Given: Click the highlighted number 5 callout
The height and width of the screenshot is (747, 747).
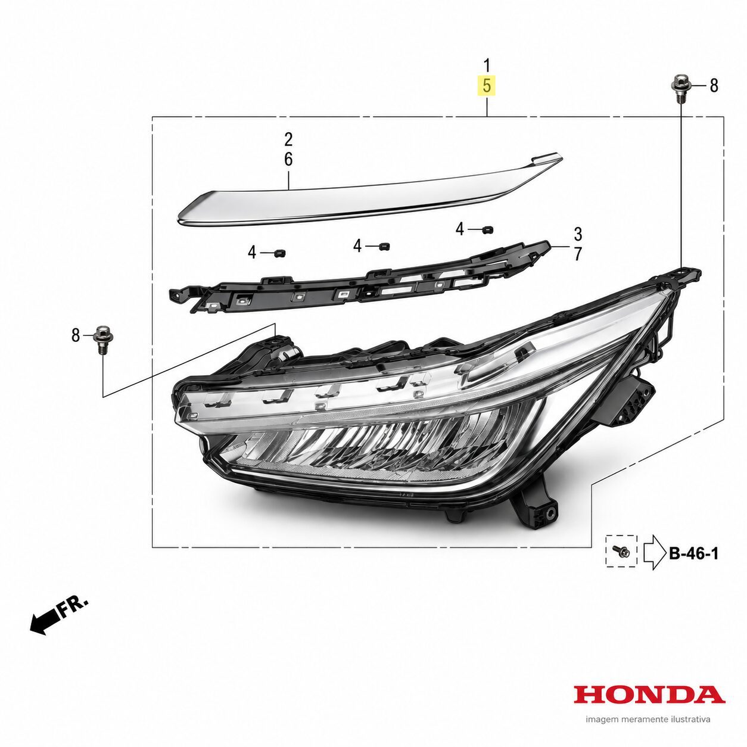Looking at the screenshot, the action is (x=487, y=85).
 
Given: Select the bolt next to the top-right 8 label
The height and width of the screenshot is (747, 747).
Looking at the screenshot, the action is (x=681, y=92).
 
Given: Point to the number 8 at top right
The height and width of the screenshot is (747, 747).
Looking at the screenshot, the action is (x=714, y=85).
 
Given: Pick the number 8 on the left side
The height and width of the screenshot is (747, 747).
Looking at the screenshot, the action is (x=76, y=335).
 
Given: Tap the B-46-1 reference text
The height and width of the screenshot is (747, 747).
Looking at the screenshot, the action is (x=693, y=553).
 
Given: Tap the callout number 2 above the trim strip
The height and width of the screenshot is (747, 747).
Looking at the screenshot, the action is (x=288, y=139).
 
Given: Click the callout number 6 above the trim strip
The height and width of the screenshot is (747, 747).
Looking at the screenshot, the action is (x=288, y=159).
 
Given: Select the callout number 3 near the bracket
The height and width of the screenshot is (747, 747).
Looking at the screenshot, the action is (x=578, y=234).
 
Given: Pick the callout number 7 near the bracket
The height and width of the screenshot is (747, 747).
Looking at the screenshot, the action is (x=578, y=254).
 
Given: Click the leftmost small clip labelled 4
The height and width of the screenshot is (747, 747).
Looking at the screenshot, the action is (x=279, y=253).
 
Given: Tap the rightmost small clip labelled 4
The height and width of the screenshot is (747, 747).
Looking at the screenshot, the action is (x=487, y=229).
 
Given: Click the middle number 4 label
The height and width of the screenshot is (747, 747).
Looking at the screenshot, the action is (x=357, y=246).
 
